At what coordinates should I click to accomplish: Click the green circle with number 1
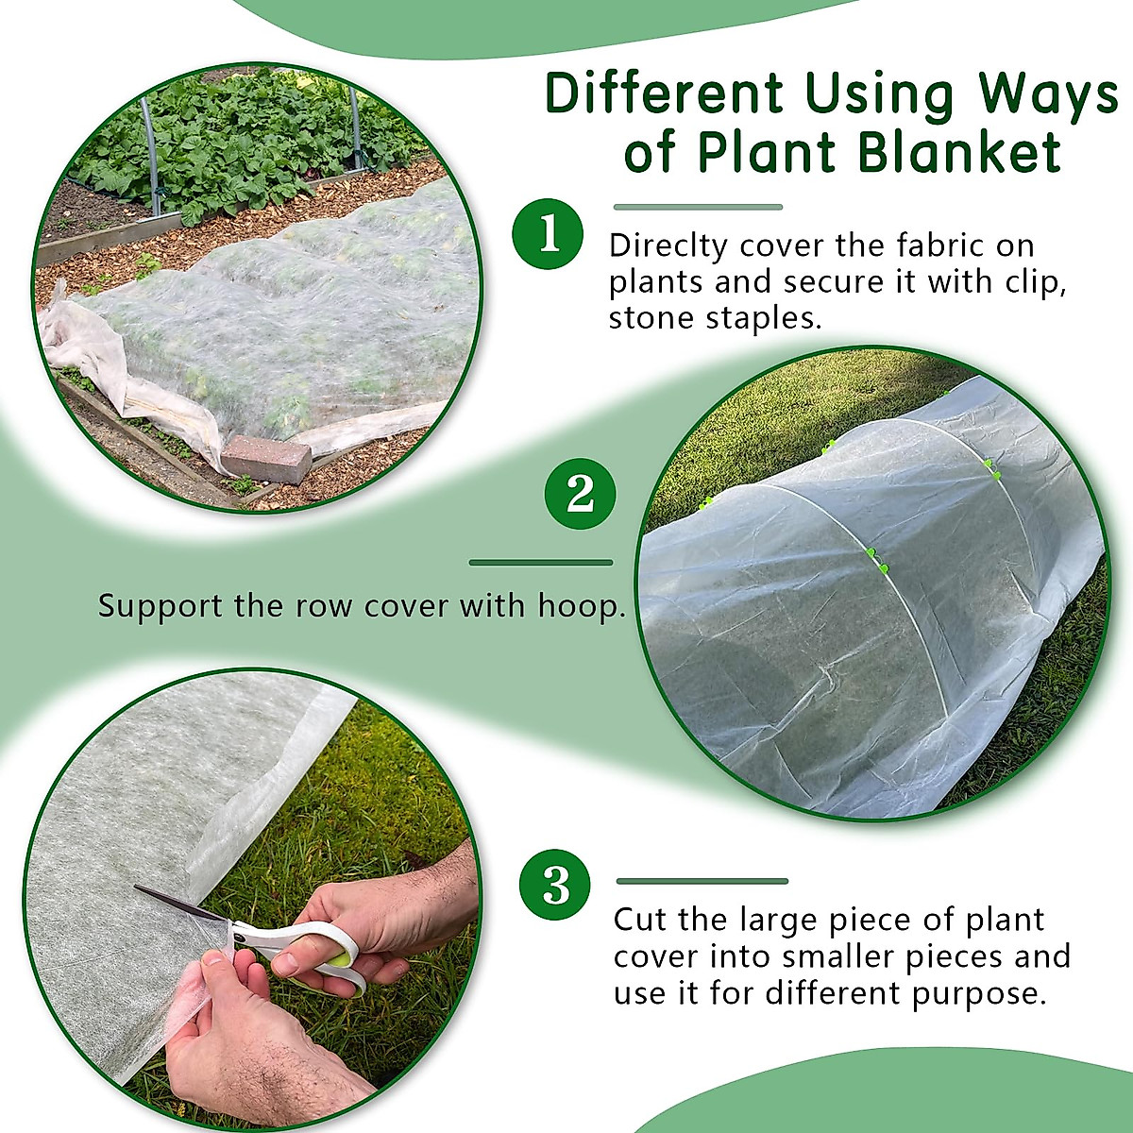pos(549,233)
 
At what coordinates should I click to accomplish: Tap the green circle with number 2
pos(580,493)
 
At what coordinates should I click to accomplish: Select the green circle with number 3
pos(555,886)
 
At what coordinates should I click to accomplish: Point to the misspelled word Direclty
pos(668,245)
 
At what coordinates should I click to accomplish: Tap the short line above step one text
pos(698,207)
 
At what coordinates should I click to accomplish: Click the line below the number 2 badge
pos(540,563)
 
